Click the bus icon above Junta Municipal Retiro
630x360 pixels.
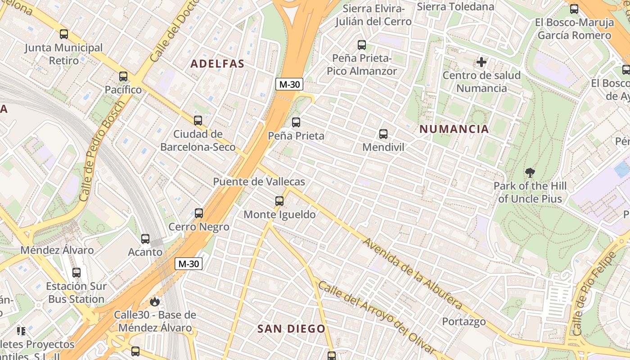[x=64, y=34]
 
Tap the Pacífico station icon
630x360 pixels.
[x=123, y=76]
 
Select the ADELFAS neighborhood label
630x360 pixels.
[x=217, y=64]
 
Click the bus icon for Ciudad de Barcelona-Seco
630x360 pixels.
[x=198, y=121]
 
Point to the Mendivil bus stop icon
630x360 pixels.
[x=383, y=134]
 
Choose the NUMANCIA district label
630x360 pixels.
[x=454, y=129]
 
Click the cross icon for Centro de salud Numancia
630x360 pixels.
[x=481, y=62]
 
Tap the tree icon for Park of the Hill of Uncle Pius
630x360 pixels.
[x=530, y=172]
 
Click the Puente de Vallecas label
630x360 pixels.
[x=259, y=182]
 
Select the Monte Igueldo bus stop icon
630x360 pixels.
[x=279, y=201]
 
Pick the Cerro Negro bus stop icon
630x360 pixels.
[x=199, y=213]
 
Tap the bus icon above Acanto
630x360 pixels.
[x=145, y=239]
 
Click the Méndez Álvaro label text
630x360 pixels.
[x=57, y=250]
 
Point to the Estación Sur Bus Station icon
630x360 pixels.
[x=76, y=273]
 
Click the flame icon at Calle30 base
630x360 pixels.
[x=155, y=301]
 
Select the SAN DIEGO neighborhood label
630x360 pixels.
[x=291, y=329]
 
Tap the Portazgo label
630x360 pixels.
[x=463, y=322]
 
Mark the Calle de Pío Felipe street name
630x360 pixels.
[x=595, y=293]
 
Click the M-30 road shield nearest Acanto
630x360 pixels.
[x=189, y=264]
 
